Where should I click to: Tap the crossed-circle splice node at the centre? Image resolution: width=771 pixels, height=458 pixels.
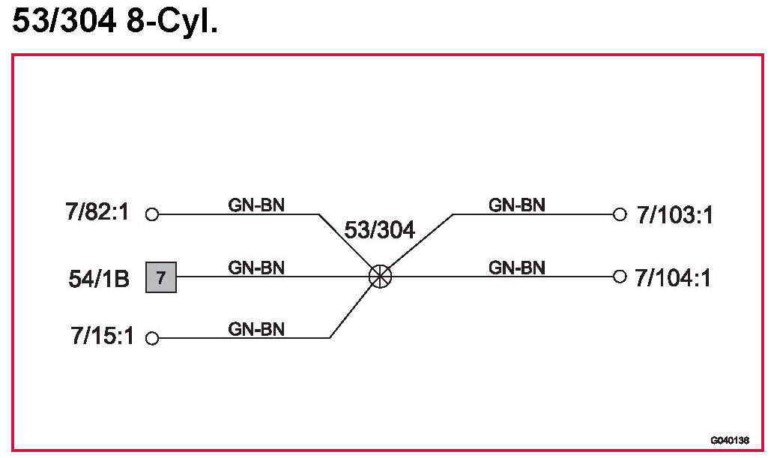(x=380, y=277)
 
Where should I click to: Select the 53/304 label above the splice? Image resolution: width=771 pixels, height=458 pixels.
(x=379, y=230)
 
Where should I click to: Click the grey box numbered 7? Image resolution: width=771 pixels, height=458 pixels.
(x=161, y=277)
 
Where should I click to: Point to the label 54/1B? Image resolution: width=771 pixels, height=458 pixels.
(x=99, y=279)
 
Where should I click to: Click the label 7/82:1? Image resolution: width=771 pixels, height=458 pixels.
(x=97, y=213)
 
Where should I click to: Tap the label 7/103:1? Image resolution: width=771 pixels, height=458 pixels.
(x=674, y=215)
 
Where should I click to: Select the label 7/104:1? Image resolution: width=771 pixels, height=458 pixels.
(x=673, y=278)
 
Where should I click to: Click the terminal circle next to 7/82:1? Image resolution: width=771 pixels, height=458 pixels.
(x=152, y=214)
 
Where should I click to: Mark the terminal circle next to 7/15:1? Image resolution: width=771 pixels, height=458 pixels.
(x=152, y=338)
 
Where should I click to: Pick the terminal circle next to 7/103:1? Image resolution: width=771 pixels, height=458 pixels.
(x=619, y=214)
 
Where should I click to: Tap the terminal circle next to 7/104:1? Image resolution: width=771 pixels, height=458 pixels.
(x=619, y=277)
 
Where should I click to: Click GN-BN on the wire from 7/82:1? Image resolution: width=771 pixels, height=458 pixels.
(x=256, y=205)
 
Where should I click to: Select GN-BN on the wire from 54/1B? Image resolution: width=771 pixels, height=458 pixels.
(x=256, y=268)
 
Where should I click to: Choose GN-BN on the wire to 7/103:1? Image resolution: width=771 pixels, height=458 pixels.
(x=517, y=205)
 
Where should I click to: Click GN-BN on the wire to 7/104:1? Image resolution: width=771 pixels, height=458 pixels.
(x=517, y=268)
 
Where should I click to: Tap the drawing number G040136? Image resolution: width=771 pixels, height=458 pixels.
(x=730, y=440)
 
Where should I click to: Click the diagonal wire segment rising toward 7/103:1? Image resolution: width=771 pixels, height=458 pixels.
(x=420, y=243)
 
